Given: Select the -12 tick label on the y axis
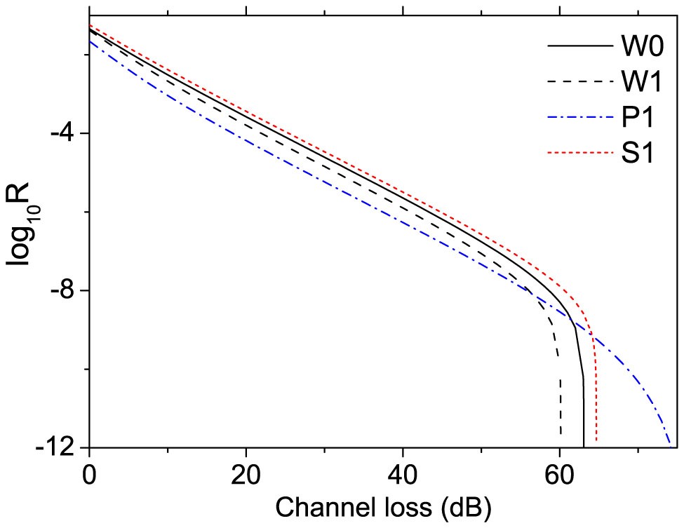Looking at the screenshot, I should (60, 447).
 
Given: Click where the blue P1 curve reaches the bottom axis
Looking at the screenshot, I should (671, 446).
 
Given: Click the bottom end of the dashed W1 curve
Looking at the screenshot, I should (561, 435).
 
